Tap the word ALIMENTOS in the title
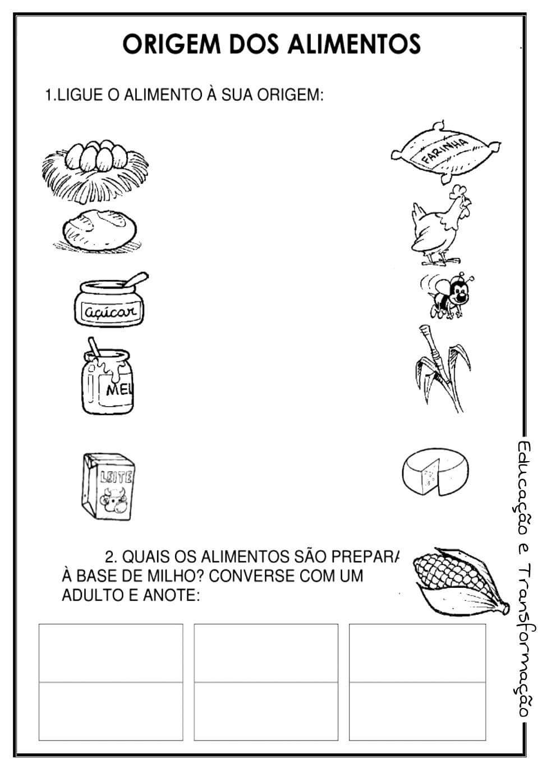353,44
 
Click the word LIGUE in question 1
77,95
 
